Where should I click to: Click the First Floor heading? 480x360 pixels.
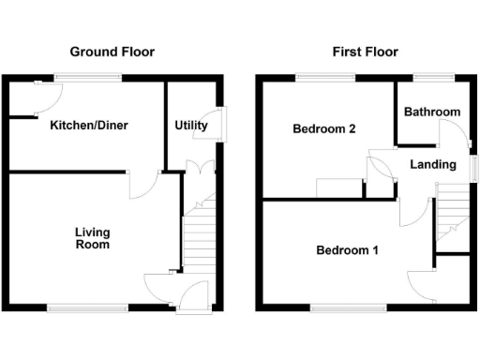coord(365,52)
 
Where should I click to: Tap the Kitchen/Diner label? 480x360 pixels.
coord(89,126)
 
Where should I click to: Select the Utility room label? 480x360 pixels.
coord(191,126)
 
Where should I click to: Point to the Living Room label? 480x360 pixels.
coord(93,239)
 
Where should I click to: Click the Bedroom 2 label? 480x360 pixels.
coord(323,129)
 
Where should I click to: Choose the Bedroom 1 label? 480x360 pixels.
coord(347,250)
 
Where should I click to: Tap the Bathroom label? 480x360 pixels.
coord(432,112)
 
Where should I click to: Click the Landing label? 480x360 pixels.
coord(433,165)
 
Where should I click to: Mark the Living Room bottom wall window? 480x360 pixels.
coord(89,307)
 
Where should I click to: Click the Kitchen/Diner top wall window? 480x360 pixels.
coord(87,78)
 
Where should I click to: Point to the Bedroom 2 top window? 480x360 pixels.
coord(325,78)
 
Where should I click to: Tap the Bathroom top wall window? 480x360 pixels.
coord(434,78)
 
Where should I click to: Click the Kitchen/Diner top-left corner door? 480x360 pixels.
coord(45,91)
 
